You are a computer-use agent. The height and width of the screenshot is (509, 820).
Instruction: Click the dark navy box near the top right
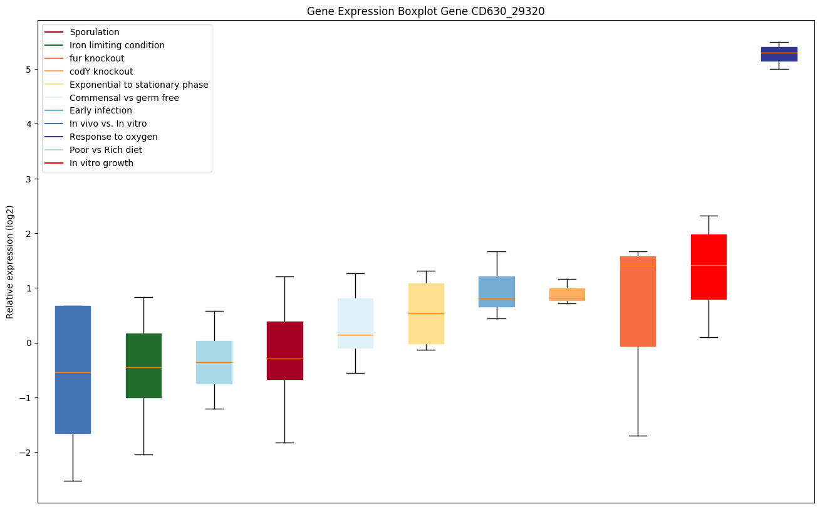[779, 54]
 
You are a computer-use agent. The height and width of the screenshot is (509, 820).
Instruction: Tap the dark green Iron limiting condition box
[143, 365]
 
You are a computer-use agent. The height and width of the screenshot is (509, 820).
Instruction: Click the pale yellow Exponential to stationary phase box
[426, 313]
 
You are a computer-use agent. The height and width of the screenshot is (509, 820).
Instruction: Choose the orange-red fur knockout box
[638, 301]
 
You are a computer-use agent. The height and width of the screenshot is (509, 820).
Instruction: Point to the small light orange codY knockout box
[567, 294]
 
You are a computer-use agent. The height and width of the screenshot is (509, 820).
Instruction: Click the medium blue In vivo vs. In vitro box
[73, 369]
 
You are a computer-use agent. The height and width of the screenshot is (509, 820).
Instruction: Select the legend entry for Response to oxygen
[113, 137]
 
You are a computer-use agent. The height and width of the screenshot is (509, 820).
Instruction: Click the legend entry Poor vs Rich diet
[106, 150]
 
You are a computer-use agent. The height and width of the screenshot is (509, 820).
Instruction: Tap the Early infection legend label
[101, 110]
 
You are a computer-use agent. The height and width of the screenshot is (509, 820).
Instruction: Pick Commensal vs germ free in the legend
[124, 98]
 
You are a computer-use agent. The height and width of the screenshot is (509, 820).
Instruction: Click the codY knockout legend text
[101, 71]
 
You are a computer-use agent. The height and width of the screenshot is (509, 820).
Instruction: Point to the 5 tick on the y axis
[29, 70]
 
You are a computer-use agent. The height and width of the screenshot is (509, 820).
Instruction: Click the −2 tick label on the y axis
[26, 453]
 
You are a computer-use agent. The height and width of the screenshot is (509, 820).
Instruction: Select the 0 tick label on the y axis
[29, 343]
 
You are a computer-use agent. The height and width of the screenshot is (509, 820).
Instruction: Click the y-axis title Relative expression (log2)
[10, 262]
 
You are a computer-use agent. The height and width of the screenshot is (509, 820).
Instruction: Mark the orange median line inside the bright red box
[708, 265]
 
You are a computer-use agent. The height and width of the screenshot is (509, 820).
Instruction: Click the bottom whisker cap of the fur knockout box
[638, 436]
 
